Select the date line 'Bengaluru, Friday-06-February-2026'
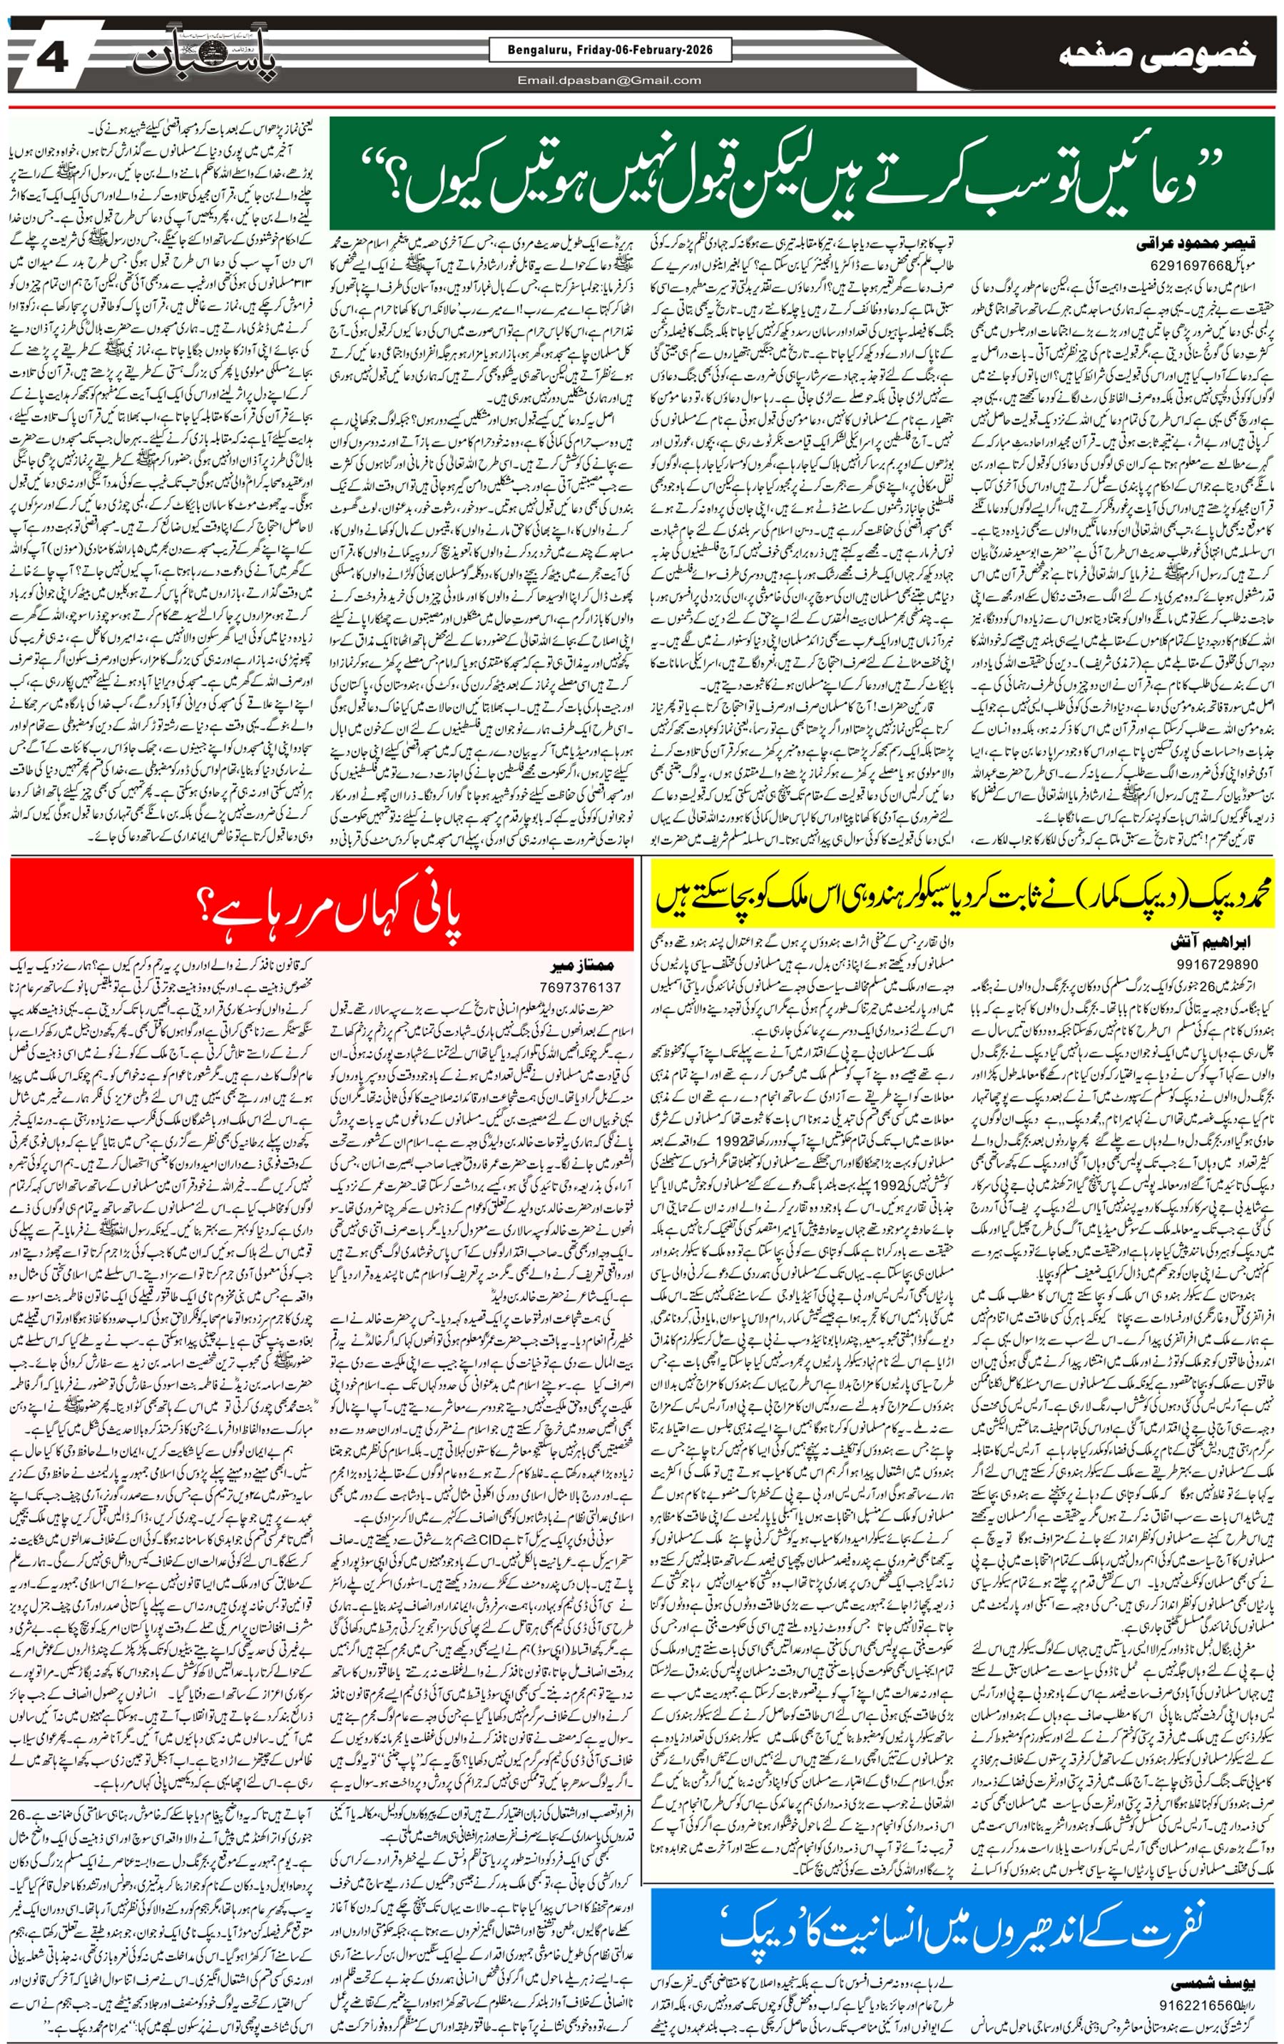tap(601, 51)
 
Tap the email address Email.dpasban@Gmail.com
tap(609, 81)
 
